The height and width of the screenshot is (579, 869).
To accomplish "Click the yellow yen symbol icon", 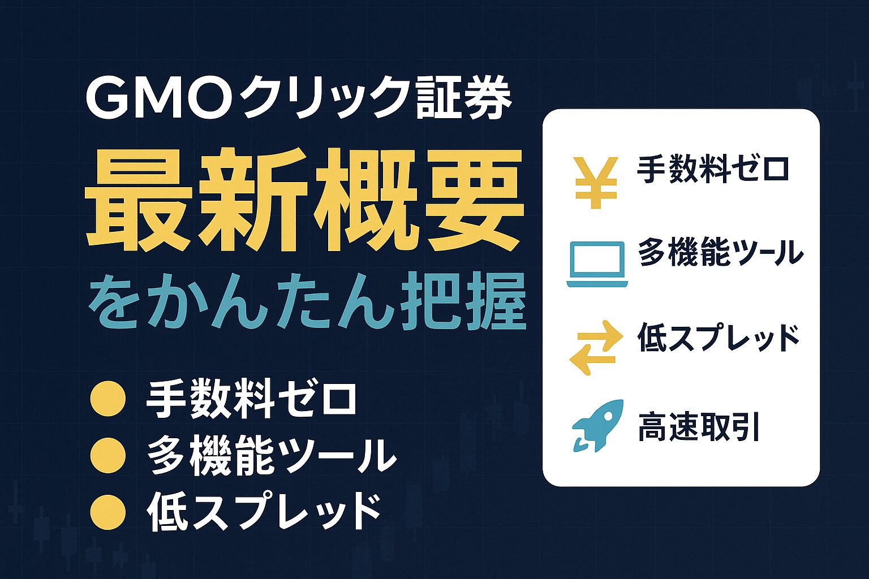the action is (596, 183).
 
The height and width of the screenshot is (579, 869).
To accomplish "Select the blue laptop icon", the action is (597, 263).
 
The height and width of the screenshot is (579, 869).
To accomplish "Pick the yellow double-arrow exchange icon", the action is (596, 347).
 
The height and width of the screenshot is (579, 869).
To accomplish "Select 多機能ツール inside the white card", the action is (720, 253).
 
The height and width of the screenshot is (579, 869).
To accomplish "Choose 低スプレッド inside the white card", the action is (719, 338).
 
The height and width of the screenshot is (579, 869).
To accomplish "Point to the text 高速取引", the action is (698, 428).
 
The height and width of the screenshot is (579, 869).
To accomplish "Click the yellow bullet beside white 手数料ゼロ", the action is (108, 399).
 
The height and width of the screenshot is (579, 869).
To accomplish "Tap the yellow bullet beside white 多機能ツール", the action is (108, 455).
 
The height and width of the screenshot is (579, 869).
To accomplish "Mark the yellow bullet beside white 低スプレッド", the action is (108, 512).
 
